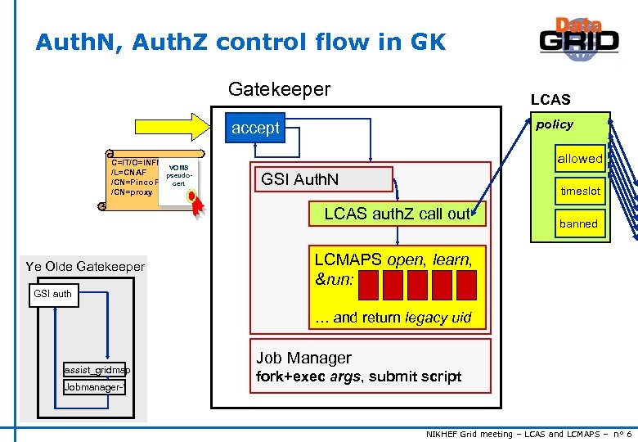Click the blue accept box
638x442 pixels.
pos(255,128)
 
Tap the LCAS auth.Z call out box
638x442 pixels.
pos(397,214)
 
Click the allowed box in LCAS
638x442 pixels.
pos(579,159)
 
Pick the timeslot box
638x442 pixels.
pos(580,191)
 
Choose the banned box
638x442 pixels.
pos(578,223)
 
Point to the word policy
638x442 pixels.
pos(554,124)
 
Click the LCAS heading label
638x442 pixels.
pos(550,100)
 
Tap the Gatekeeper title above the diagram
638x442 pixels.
pos(279,89)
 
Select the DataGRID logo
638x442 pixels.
pos(578,38)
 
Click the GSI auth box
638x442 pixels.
pos(52,294)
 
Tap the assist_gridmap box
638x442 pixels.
pos(97,369)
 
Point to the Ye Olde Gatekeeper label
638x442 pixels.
pos(85,266)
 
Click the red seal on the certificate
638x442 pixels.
pos(193,198)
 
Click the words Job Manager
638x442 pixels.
pos(303,358)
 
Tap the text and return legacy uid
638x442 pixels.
pos(393,318)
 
